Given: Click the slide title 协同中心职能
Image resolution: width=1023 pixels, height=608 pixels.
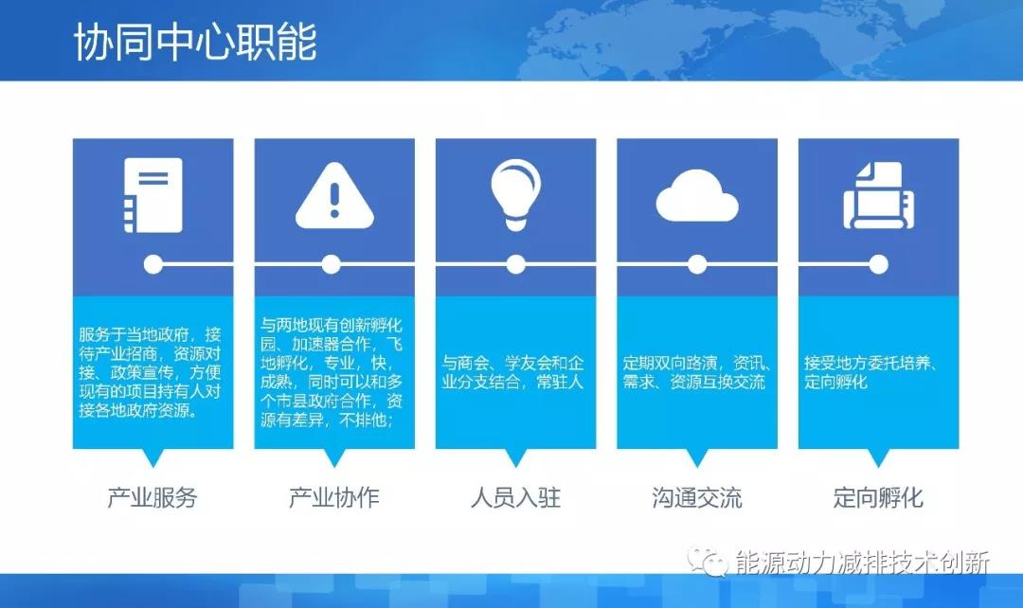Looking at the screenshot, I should pos(195,43).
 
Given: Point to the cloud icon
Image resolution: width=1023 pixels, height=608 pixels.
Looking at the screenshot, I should pos(696,197).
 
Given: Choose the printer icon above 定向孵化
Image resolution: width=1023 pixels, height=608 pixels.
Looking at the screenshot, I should pos(878,196).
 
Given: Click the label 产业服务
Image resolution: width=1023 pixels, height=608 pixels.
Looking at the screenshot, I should pos(153,497).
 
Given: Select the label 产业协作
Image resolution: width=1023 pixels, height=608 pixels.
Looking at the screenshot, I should pos(333,497).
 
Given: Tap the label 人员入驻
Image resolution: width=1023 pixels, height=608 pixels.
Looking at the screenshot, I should pos(515,497).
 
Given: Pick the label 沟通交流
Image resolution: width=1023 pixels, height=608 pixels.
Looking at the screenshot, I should pos(697,497).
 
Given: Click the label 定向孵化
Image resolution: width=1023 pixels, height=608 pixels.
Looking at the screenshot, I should pos(878,497).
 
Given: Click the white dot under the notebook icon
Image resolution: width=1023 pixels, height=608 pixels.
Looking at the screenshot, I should pos(152,263).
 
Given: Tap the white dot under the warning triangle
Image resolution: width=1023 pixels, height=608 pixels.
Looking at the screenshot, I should pos(331,263).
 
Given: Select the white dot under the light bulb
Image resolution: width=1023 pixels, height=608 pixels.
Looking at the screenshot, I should pos(515,263).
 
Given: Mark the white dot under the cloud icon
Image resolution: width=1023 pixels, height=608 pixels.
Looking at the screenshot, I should pos(697,263).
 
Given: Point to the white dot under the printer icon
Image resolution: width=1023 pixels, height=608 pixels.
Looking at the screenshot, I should pos(879,263).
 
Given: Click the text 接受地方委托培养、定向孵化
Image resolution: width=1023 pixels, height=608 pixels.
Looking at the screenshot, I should pos(870,372).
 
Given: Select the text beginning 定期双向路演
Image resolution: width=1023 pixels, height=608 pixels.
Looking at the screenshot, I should pos(696,372).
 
